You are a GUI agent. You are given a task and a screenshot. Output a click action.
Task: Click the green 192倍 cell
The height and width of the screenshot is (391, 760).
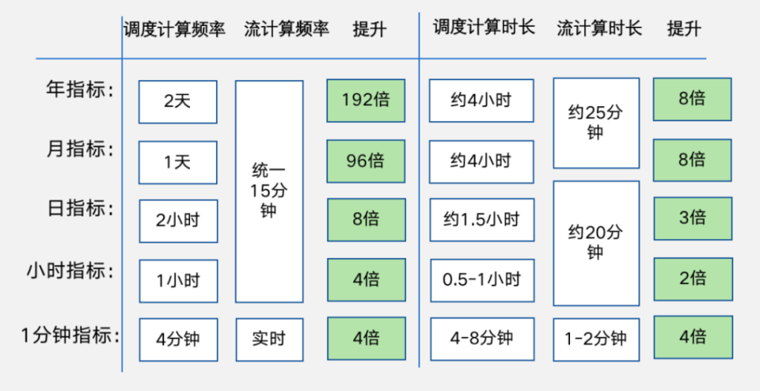tap(366, 100)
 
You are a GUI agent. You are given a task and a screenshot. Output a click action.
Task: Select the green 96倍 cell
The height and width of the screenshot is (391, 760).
tap(366, 161)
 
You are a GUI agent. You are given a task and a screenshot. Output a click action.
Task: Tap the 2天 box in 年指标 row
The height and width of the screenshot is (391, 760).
tap(177, 102)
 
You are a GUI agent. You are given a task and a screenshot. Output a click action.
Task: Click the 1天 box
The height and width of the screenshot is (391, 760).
tap(177, 162)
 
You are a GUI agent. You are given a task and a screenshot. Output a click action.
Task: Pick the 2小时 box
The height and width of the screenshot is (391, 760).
tap(178, 221)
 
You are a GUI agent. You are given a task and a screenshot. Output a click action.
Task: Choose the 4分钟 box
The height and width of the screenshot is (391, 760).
tap(178, 339)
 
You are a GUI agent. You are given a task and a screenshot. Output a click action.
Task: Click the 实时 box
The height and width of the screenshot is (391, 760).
tap(269, 339)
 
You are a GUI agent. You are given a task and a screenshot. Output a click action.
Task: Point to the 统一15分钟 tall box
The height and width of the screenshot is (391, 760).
tap(269, 191)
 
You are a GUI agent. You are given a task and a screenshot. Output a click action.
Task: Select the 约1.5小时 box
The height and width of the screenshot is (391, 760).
tap(482, 220)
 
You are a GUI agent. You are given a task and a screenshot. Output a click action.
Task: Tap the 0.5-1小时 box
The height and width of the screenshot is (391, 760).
tap(482, 280)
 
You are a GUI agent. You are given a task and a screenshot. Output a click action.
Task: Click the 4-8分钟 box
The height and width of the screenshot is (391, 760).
tap(482, 339)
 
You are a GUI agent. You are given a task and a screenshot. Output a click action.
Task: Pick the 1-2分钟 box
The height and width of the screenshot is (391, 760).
tap(596, 339)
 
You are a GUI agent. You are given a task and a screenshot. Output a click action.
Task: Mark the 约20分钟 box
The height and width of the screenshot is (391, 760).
tap(596, 243)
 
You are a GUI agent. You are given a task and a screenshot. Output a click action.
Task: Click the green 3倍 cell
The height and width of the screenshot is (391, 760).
tap(692, 218)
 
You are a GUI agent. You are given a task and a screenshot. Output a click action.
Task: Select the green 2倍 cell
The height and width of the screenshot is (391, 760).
tap(692, 278)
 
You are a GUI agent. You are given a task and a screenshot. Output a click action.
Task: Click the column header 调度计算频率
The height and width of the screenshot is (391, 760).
tap(175, 30)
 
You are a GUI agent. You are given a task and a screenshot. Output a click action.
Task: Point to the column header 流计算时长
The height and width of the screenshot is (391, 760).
tap(600, 29)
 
